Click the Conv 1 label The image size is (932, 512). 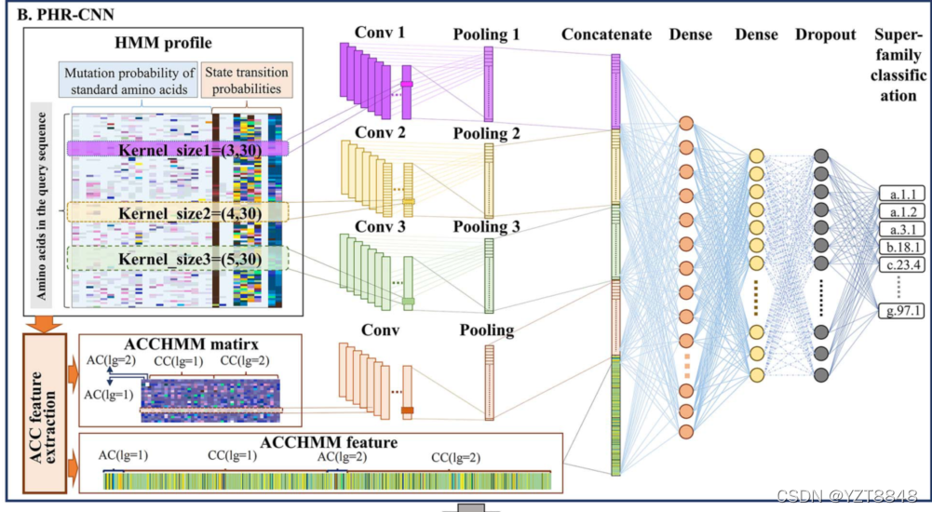click(x=380, y=34)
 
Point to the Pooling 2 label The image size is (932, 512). click(x=488, y=133)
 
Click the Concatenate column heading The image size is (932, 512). click(x=606, y=34)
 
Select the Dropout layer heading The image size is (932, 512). click(x=825, y=34)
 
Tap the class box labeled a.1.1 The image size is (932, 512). click(x=900, y=194)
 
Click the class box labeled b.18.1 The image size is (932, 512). click(x=900, y=247)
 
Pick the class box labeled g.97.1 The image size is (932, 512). click(x=900, y=310)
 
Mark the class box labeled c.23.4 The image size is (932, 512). click(x=900, y=264)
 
